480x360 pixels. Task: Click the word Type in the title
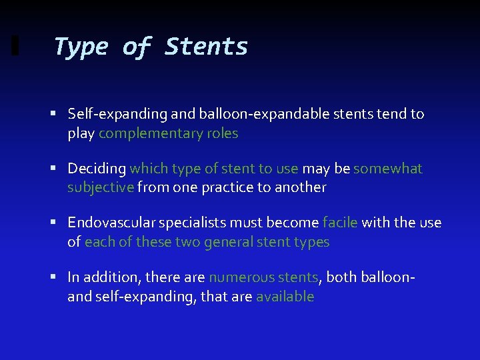[79, 47]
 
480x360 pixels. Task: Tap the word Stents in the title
[206, 47]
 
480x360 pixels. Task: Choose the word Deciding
[97, 169]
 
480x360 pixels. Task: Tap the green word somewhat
[388, 169]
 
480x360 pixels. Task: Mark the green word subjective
[101, 187]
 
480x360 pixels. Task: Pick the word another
[298, 187]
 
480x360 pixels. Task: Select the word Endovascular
[109, 223]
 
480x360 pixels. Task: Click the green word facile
[340, 223]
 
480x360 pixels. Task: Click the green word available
[285, 296]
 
